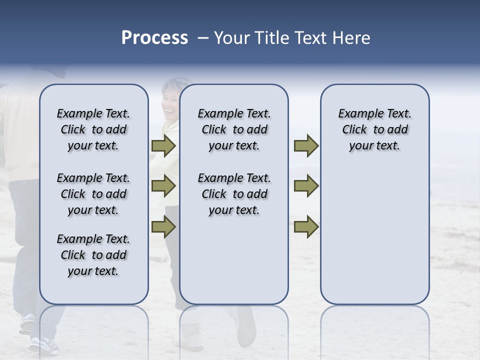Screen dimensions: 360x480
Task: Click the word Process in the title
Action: tap(154, 38)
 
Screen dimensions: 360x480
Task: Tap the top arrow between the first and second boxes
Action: tap(163, 146)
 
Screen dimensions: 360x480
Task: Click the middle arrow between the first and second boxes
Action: tap(163, 186)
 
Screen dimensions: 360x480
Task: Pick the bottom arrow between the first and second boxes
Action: tap(163, 226)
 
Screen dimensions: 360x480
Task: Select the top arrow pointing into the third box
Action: tap(306, 146)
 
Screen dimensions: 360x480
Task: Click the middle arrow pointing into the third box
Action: tap(306, 186)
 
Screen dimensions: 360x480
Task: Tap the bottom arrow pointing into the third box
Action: tap(306, 226)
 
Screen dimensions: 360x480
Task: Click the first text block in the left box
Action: tap(93, 129)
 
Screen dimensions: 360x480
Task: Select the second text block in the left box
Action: tap(93, 194)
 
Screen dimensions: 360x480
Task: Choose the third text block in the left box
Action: tap(93, 255)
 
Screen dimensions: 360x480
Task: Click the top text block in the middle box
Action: tap(234, 129)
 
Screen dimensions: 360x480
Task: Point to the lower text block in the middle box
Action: tap(234, 194)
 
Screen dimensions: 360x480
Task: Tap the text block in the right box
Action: tap(374, 129)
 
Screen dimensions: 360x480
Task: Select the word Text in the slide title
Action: tap(310, 38)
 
